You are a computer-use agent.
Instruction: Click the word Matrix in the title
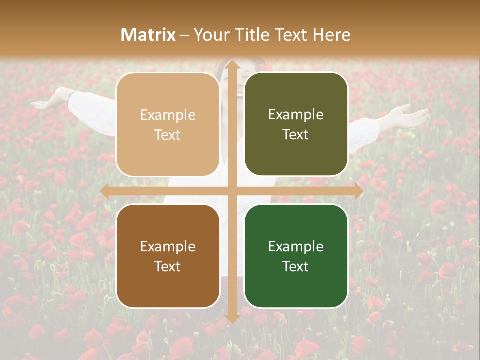pyautogui.click(x=148, y=34)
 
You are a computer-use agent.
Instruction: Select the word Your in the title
pyautogui.click(x=210, y=34)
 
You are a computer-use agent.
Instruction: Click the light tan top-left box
pyautogui.click(x=168, y=124)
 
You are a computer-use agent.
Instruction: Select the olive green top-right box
pyautogui.click(x=296, y=124)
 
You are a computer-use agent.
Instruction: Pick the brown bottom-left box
pyautogui.click(x=168, y=256)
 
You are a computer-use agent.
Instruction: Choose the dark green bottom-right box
pyautogui.click(x=296, y=256)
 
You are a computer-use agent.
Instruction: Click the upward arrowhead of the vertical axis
pyautogui.click(x=232, y=65)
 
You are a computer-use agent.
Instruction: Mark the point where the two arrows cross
pyautogui.click(x=232, y=191)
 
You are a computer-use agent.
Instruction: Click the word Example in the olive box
pyautogui.click(x=296, y=114)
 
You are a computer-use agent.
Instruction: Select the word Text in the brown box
pyautogui.click(x=167, y=266)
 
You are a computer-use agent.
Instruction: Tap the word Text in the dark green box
pyautogui.click(x=295, y=266)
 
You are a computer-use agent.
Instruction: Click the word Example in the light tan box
pyautogui.click(x=168, y=115)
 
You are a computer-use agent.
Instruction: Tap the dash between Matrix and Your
pyautogui.click(x=184, y=35)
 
